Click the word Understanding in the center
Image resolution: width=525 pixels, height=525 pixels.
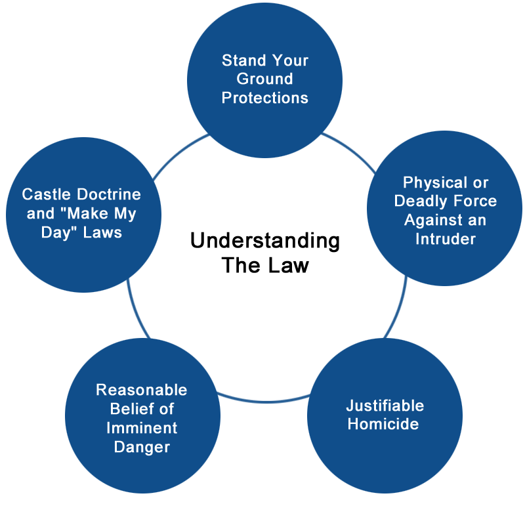(x=265, y=241)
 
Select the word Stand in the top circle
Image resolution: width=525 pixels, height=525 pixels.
(x=243, y=60)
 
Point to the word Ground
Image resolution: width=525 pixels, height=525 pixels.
(x=265, y=79)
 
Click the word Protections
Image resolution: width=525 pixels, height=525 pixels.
(x=265, y=98)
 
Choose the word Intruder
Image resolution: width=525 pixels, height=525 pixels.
(x=446, y=239)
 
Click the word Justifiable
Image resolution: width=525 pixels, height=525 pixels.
(x=385, y=406)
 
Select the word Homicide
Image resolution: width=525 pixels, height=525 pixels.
(x=383, y=424)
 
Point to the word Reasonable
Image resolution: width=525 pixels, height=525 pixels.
(x=142, y=390)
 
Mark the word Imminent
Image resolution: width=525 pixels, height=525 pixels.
(x=142, y=429)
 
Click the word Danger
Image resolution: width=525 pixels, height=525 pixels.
(x=142, y=448)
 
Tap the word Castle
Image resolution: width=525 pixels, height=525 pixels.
(x=47, y=194)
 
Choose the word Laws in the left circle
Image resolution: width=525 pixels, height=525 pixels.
(x=102, y=233)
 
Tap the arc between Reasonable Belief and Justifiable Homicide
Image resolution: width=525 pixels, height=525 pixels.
(x=264, y=400)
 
